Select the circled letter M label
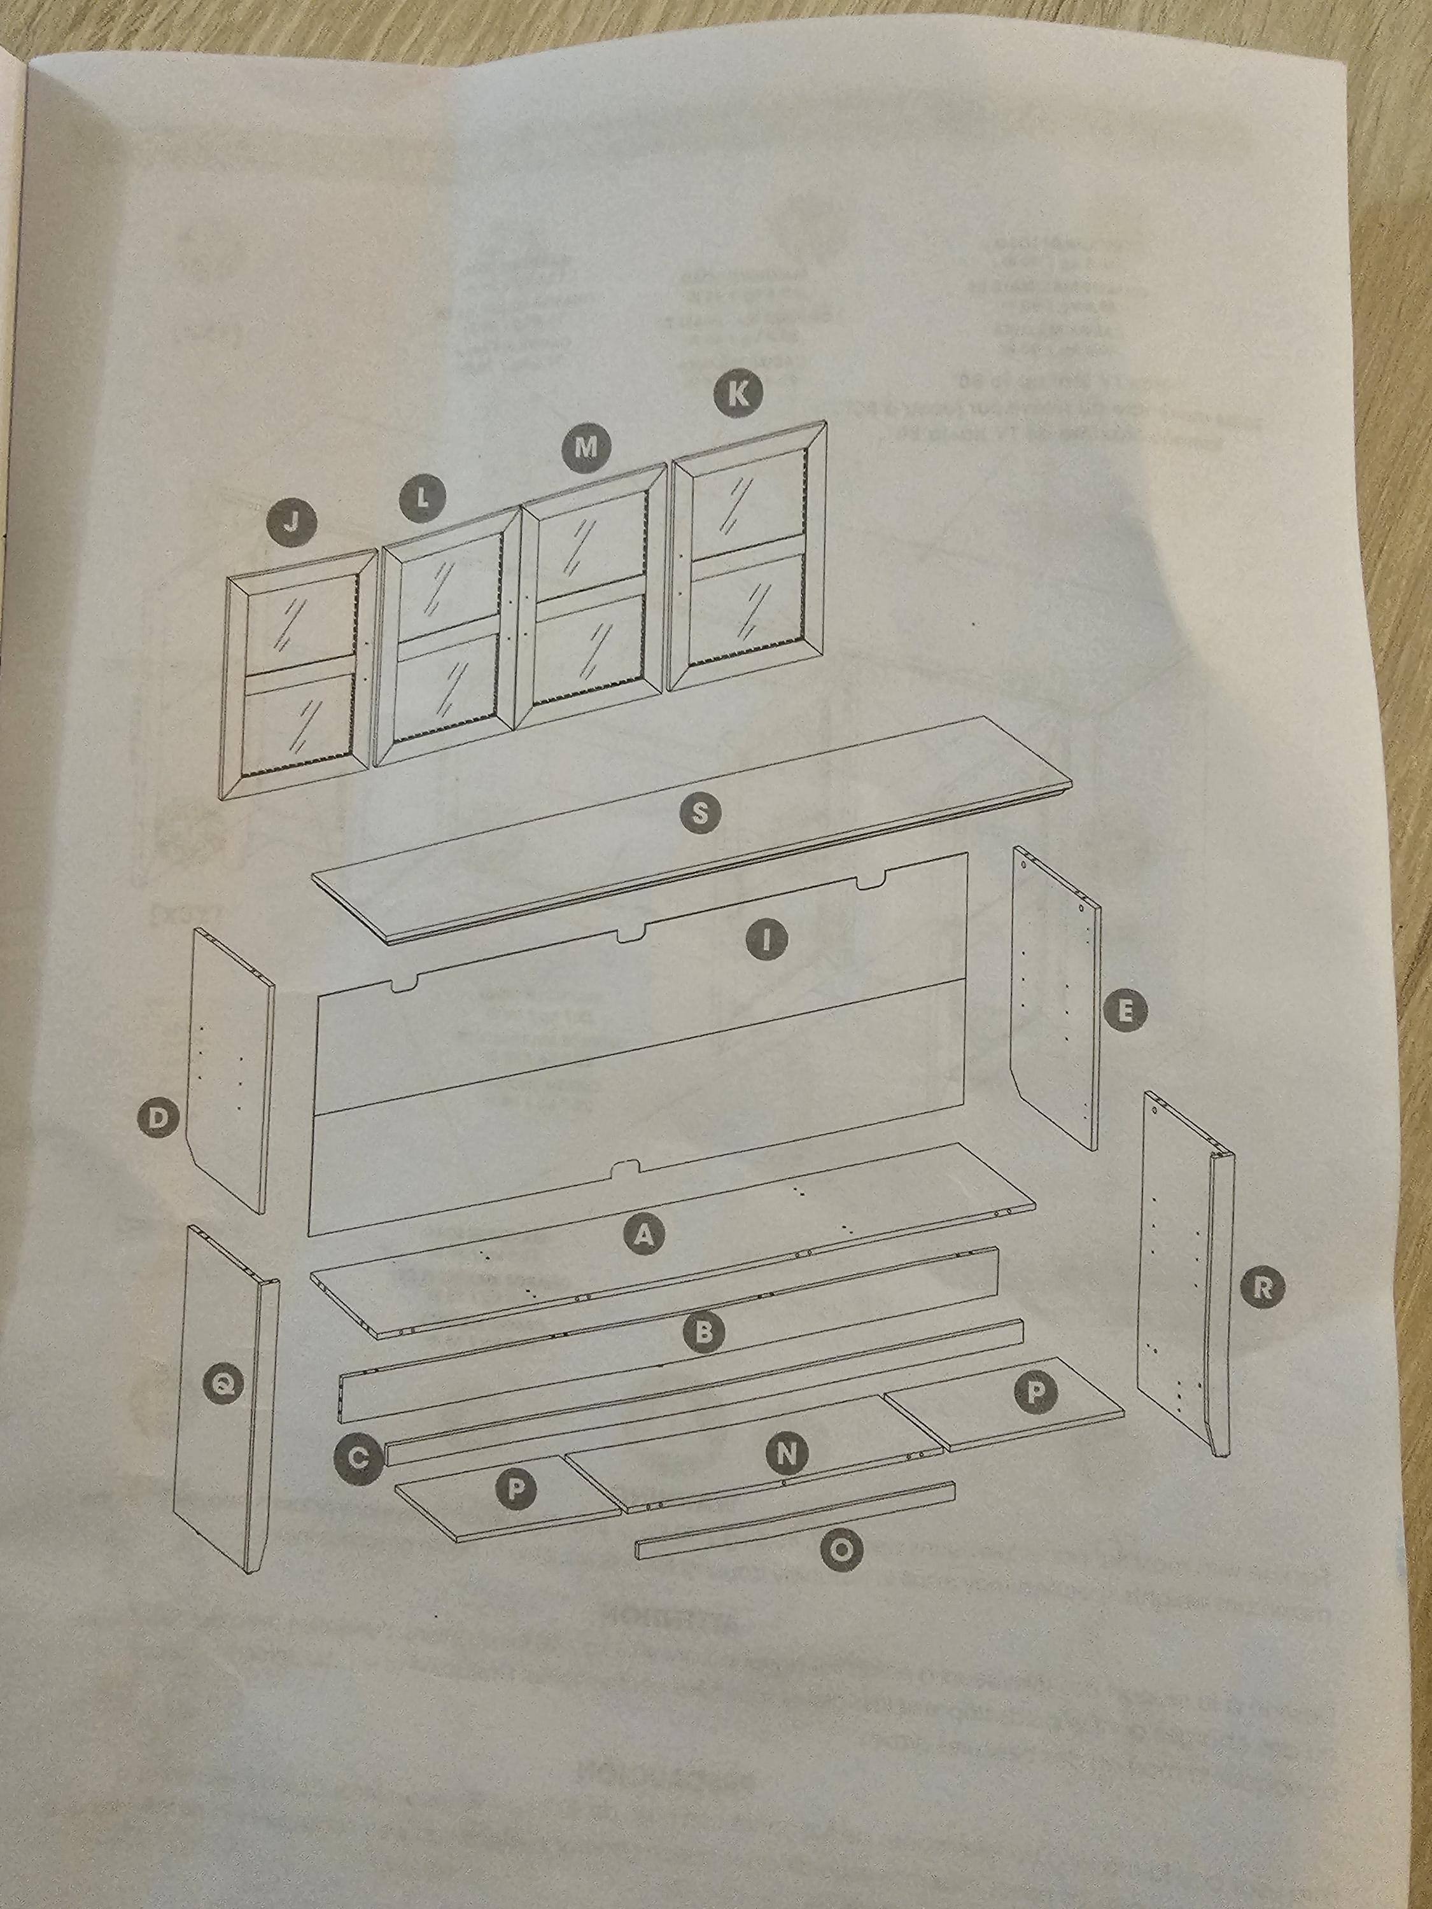586,447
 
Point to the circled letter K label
737,393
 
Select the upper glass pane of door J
302,620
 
